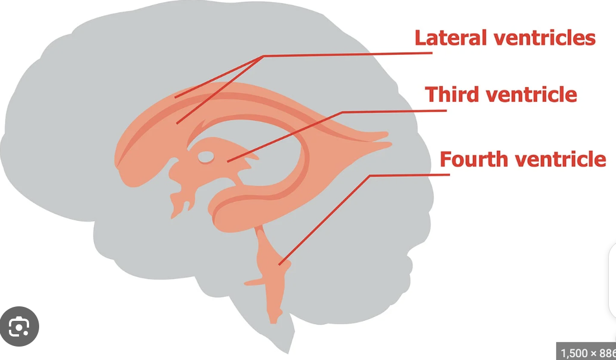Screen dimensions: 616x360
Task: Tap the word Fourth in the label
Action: [474, 159]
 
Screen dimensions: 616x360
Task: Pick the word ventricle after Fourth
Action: [560, 159]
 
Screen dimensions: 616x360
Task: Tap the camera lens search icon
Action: [20, 326]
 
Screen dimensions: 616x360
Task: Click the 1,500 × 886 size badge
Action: [587, 353]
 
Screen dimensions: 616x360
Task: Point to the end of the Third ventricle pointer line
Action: [228, 162]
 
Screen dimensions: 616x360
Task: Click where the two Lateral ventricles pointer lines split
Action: [263, 56]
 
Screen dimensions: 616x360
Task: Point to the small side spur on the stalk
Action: [252, 283]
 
